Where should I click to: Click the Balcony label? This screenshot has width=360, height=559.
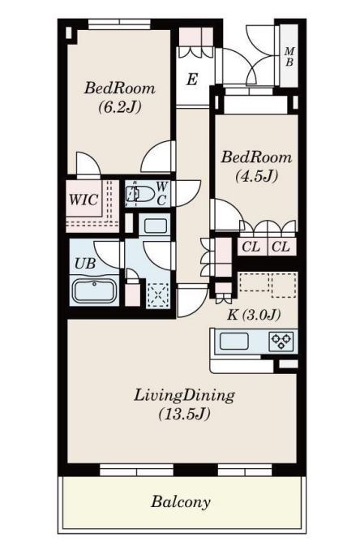pos(180,502)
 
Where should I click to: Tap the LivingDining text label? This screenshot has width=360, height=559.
pos(184,396)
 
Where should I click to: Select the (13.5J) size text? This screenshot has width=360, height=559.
pos(184,415)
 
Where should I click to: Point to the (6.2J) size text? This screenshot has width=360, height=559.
pos(119,106)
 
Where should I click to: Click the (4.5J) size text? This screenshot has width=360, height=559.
pos(256,175)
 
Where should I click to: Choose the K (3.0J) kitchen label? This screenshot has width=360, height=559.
pos(253,316)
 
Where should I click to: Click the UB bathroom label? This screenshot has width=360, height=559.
pos(85,262)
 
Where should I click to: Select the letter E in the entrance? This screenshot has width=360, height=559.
pos(192,80)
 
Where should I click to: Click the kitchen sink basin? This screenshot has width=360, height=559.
pos(234,341)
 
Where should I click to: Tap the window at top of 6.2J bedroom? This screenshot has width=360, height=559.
pos(120,24)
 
